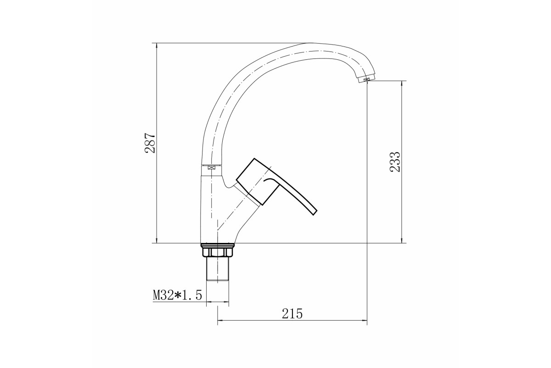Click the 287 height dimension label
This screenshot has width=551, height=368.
click(150, 143)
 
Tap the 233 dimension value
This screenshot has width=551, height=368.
click(395, 162)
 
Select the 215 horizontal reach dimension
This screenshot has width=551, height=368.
click(292, 314)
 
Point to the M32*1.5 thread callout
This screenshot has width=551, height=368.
click(177, 295)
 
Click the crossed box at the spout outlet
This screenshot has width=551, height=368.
click(367, 80)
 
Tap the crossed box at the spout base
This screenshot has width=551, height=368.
click(211, 168)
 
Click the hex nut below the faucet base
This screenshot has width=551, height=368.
click(218, 253)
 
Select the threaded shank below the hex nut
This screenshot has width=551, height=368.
click(218, 269)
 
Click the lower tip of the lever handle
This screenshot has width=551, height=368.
click(314, 213)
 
